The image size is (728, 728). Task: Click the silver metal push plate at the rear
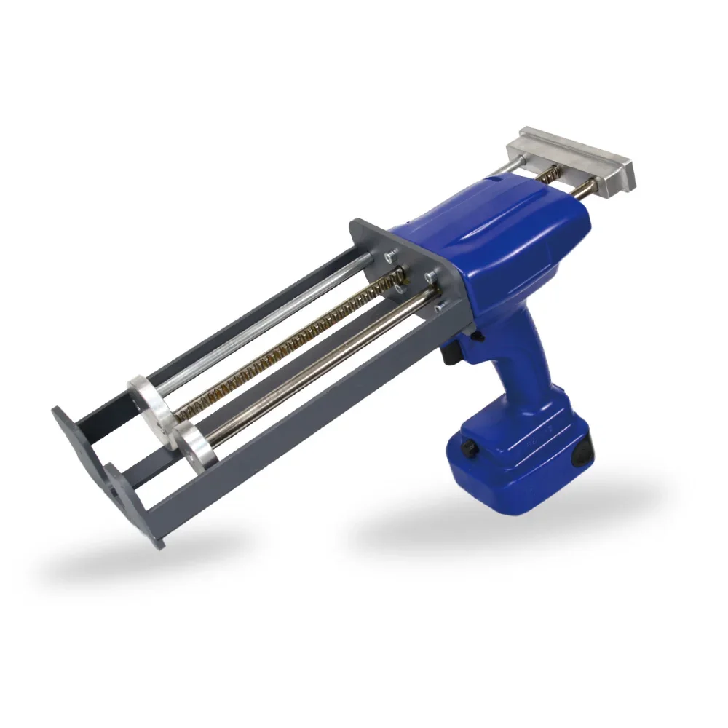pyautogui.click(x=575, y=157)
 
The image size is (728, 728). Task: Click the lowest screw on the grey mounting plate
pyautogui.click(x=439, y=308)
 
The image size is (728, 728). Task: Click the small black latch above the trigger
pyautogui.click(x=477, y=336)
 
